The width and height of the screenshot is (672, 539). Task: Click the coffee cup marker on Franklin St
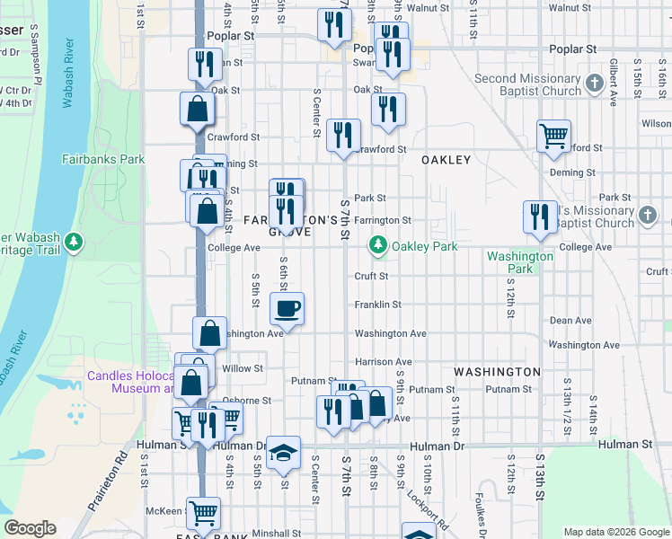(287, 308)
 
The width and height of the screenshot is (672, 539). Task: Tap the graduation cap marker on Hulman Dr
(284, 452)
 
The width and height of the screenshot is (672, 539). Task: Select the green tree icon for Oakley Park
(379, 245)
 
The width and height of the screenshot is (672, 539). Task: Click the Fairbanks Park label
(103, 159)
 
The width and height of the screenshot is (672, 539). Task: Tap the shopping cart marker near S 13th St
(553, 137)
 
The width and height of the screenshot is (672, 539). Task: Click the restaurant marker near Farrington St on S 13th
(539, 216)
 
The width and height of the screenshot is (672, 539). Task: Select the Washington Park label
(520, 262)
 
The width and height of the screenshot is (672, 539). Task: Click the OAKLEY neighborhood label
(447, 160)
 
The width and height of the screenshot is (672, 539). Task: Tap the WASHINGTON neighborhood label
(497, 372)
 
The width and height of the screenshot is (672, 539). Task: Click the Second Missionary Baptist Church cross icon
(594, 84)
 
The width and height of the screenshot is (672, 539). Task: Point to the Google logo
(31, 528)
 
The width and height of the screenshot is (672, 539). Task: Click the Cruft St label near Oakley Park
(371, 276)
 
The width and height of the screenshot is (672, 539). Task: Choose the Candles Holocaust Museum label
(130, 383)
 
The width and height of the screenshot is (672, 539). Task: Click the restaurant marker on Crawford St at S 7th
(343, 135)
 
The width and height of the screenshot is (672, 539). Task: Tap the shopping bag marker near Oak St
(197, 109)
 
